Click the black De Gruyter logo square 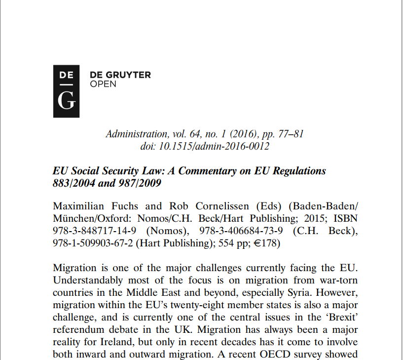pos(66,91)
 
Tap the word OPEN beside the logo pos(103,84)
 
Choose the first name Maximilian pos(78,206)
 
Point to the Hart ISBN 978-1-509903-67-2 pos(92,243)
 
